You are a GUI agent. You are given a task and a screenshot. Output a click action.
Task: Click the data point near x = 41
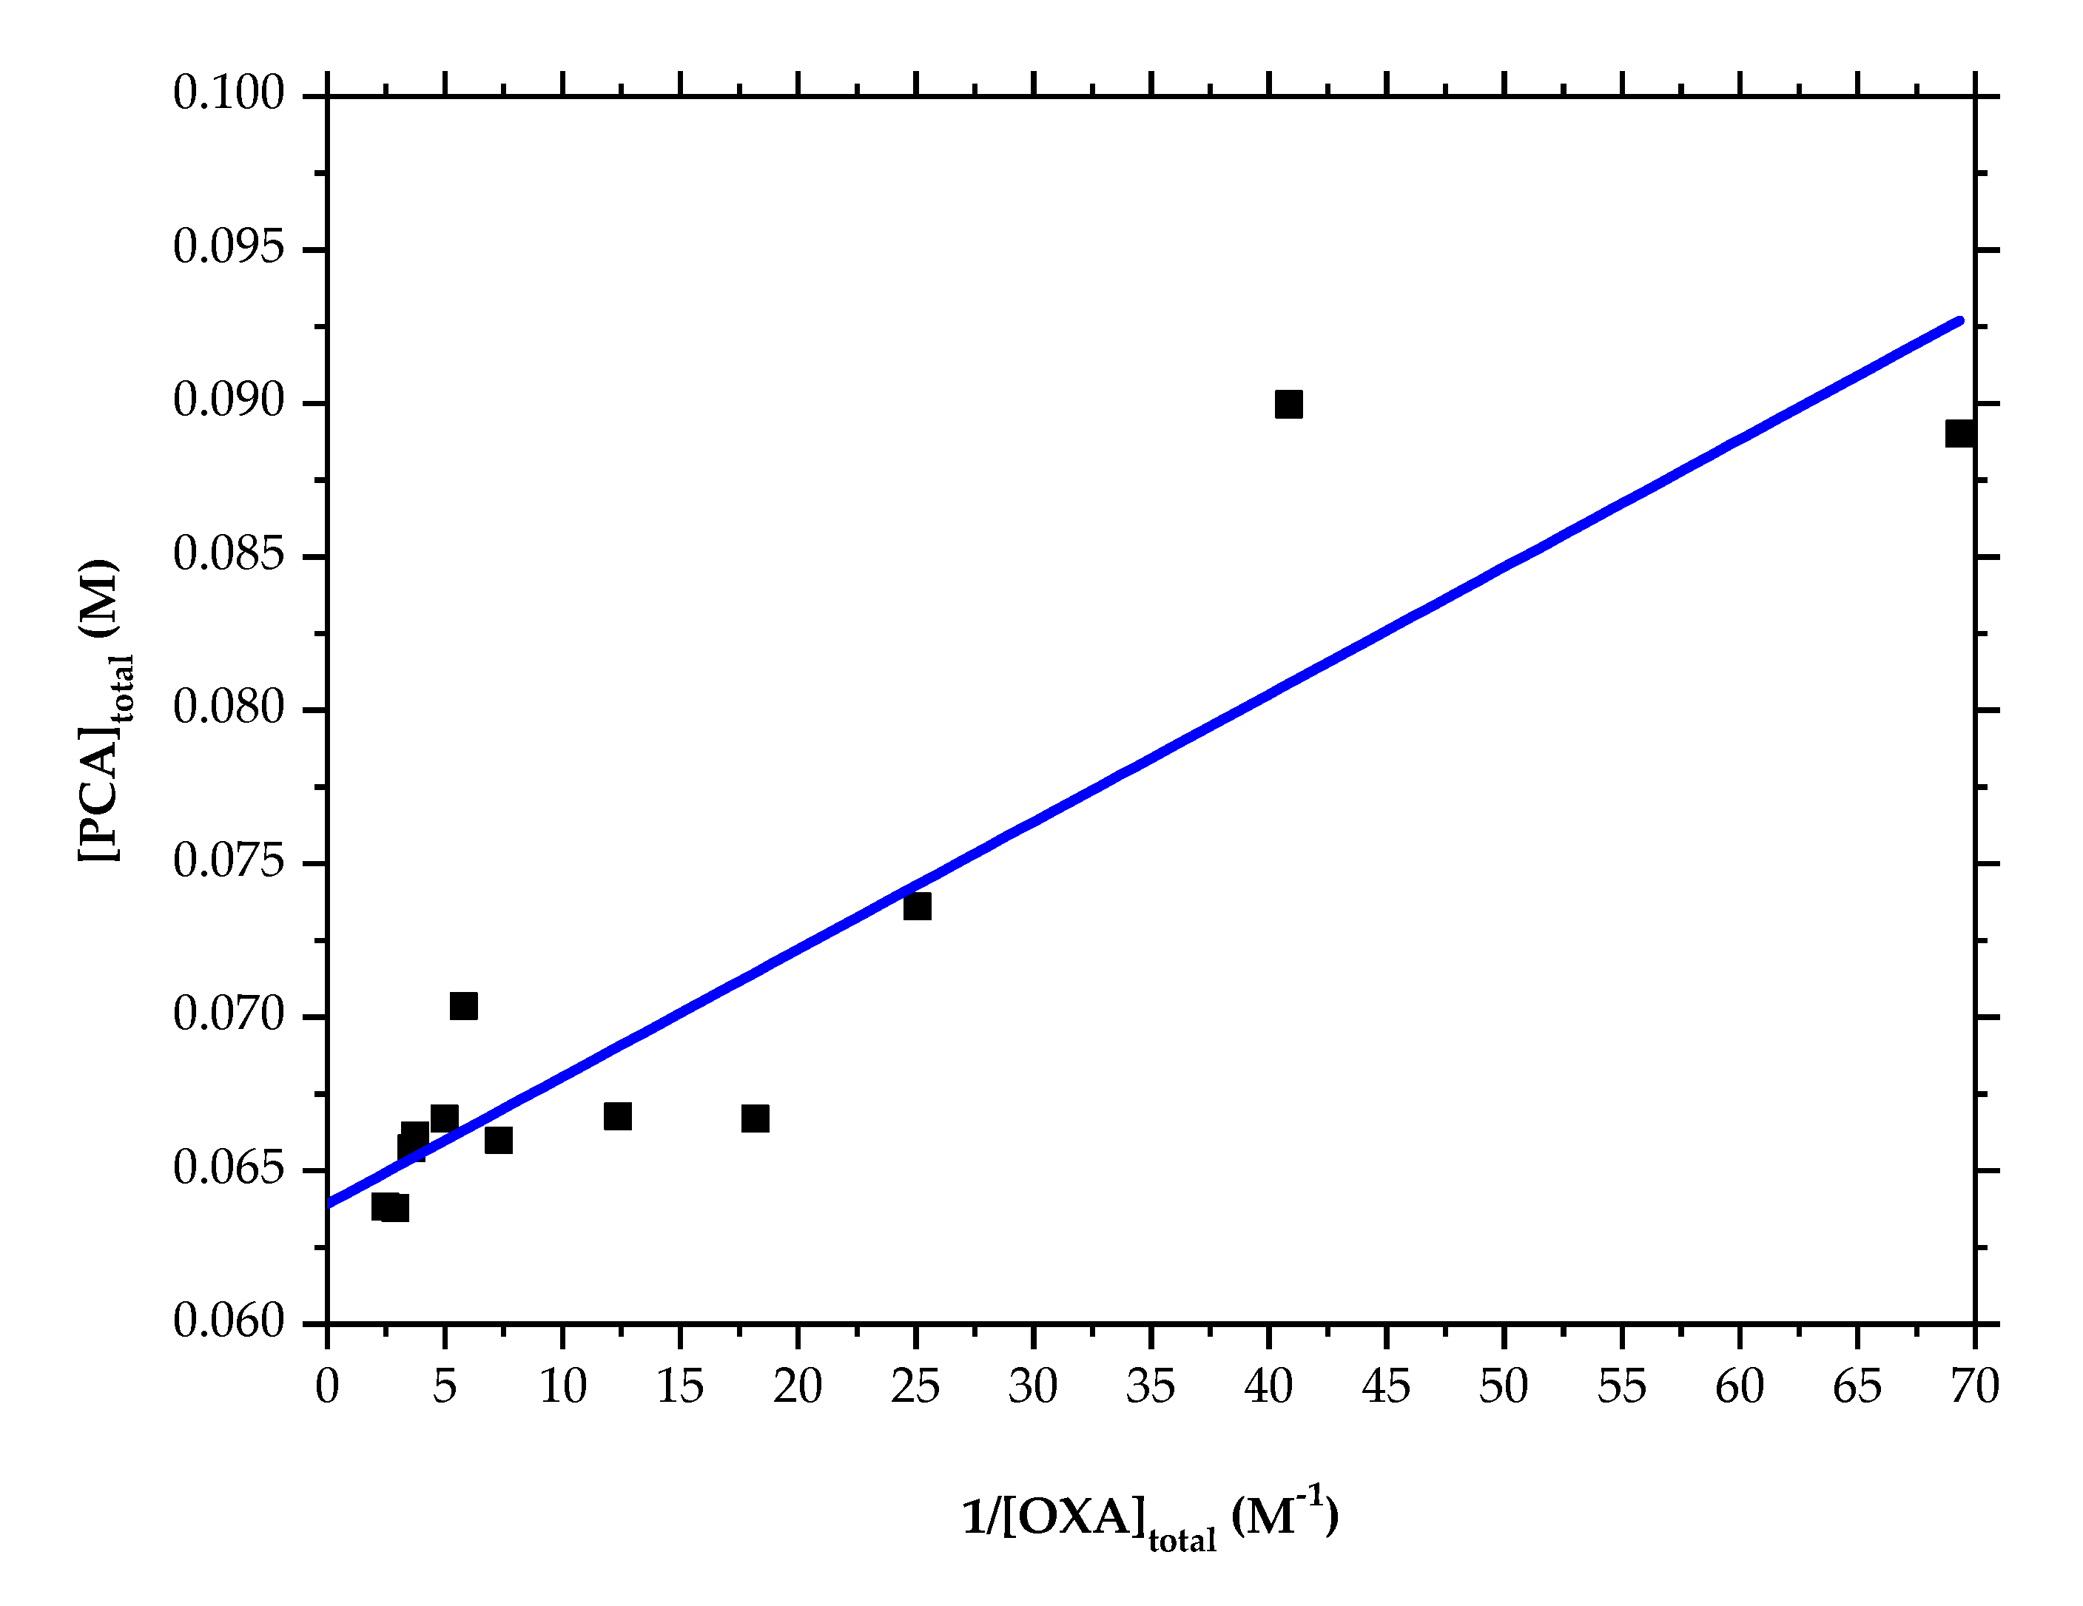click(x=1288, y=405)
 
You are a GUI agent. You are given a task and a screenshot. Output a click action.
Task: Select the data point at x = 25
click(x=917, y=906)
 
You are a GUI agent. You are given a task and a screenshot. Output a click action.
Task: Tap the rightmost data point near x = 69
click(x=1959, y=434)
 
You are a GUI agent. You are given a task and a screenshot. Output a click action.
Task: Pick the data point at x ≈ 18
click(x=755, y=1119)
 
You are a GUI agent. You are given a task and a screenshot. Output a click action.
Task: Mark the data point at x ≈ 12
click(x=617, y=1117)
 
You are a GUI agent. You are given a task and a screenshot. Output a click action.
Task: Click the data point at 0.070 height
click(x=463, y=1006)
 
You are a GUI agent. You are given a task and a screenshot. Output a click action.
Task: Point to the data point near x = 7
click(x=498, y=1141)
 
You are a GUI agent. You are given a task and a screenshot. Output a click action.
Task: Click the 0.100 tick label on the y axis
click(x=229, y=95)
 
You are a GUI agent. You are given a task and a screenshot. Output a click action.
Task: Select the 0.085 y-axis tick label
click(x=229, y=556)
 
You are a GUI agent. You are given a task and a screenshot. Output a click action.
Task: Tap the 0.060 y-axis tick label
click(x=229, y=1323)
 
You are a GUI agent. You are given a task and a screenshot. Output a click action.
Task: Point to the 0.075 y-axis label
click(x=229, y=863)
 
